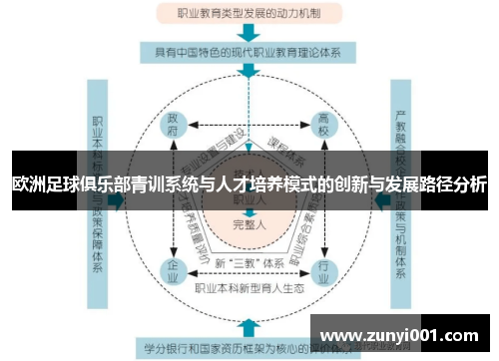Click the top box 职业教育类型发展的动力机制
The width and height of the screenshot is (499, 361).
point(249,13)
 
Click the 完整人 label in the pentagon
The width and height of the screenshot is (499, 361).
point(249,223)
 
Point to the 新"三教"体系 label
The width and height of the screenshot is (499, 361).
point(249,262)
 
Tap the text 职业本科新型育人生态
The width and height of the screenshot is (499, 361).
point(249,289)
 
